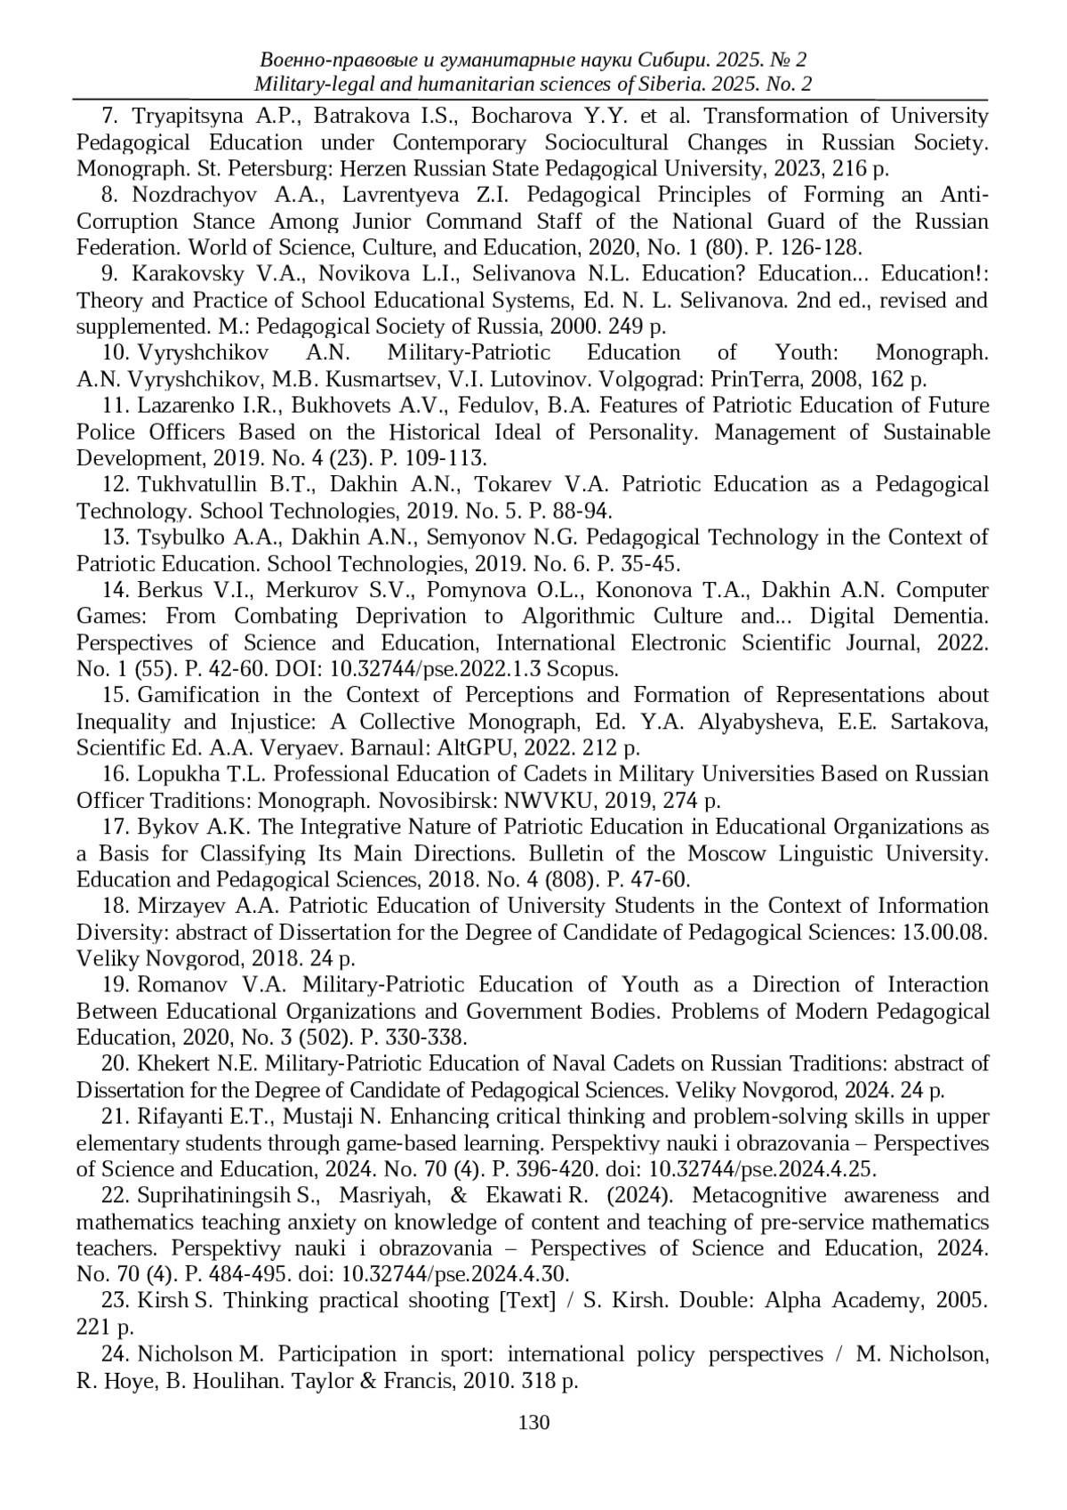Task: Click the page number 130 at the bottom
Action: (533, 1422)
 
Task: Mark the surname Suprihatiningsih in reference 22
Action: (216, 1196)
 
